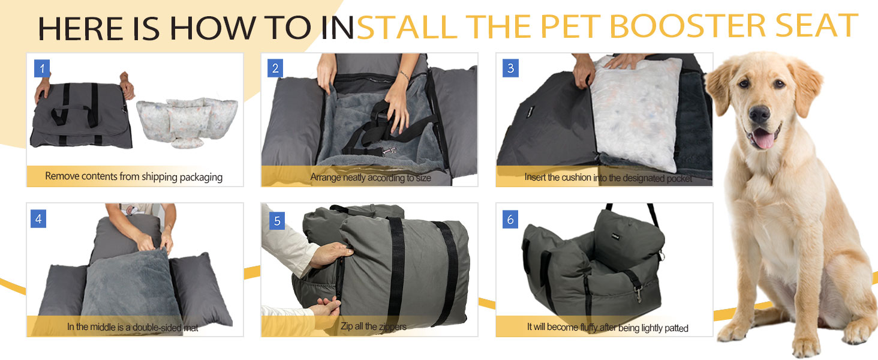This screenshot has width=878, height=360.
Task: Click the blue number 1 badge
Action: (x=41, y=68)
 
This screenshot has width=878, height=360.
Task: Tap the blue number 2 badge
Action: (x=275, y=68)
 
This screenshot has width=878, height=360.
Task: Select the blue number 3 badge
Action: (x=510, y=68)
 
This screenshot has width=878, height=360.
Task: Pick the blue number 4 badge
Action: (x=38, y=219)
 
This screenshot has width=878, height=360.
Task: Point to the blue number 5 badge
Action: (x=276, y=221)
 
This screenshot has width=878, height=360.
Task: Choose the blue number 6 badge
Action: (x=510, y=220)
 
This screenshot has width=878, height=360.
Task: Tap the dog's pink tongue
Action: (x=762, y=140)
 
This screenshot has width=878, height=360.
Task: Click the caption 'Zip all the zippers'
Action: (x=373, y=327)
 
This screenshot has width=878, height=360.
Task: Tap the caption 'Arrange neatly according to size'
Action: (x=370, y=177)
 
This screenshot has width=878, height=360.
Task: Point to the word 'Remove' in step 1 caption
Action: (x=62, y=177)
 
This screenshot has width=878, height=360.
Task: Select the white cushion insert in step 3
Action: (x=636, y=114)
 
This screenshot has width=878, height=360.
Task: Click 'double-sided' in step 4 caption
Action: (x=149, y=328)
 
